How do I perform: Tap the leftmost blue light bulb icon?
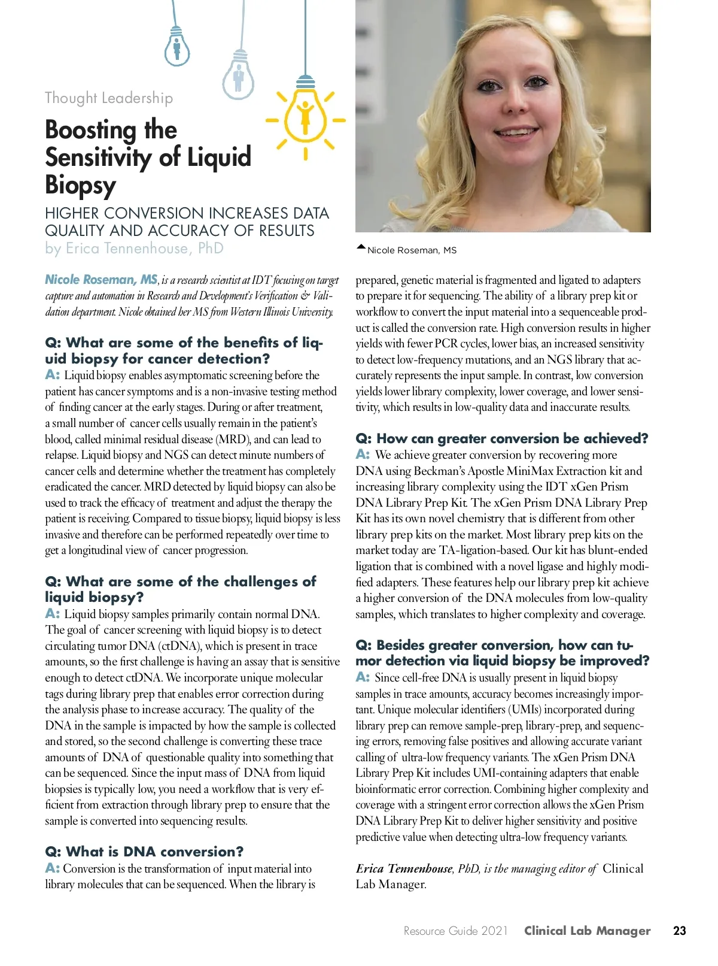click(177, 47)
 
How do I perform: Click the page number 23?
click(679, 931)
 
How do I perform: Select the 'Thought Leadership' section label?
click(109, 98)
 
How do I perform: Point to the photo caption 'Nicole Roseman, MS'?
click(412, 250)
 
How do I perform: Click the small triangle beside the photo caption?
click(361, 247)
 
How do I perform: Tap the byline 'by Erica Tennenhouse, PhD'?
click(134, 249)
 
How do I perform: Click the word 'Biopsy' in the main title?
click(80, 185)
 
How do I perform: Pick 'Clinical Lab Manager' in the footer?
click(587, 931)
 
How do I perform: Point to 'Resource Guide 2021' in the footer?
click(455, 931)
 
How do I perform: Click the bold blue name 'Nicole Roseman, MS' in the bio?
click(101, 280)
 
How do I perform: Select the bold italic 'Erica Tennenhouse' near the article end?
click(404, 868)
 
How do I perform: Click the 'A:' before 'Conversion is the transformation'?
click(52, 868)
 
